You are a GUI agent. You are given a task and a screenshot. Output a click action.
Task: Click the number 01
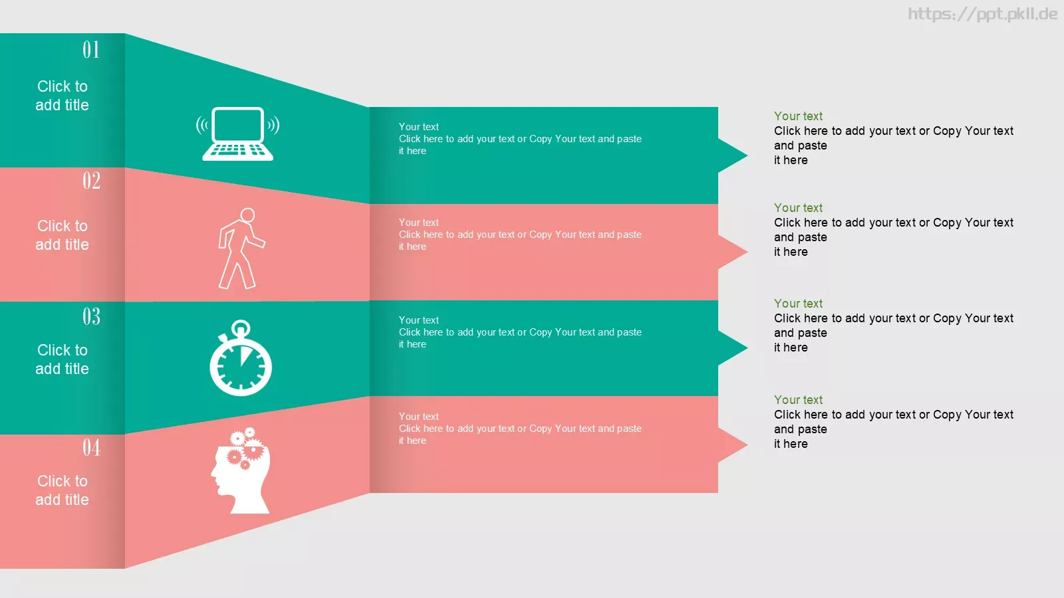pos(91,50)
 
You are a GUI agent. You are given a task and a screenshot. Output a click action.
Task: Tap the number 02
pos(91,181)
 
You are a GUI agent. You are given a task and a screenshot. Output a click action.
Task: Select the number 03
pos(91,316)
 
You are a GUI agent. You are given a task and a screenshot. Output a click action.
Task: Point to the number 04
pos(91,448)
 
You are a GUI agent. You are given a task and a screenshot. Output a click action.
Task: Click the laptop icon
pos(237,134)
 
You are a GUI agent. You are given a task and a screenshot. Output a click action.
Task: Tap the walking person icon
pos(241,249)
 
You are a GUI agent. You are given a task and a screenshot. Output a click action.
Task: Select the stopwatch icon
pos(241,358)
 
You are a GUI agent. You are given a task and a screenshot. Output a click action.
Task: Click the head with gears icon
pos(241,471)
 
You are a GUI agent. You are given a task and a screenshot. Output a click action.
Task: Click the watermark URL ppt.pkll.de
pos(982,14)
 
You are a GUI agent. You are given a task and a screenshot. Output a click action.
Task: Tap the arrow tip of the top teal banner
pos(747,155)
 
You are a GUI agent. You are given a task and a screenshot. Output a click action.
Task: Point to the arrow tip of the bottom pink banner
pos(747,445)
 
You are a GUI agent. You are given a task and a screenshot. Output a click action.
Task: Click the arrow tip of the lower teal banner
pos(747,348)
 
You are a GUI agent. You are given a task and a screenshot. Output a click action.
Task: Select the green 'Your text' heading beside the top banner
pos(798,116)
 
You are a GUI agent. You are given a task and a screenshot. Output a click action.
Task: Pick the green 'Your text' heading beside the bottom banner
pos(798,400)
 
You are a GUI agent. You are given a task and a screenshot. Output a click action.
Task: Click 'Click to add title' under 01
pos(63,96)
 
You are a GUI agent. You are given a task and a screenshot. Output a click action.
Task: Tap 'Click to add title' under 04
pos(63,490)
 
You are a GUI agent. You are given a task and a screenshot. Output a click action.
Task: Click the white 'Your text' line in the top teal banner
pos(418,127)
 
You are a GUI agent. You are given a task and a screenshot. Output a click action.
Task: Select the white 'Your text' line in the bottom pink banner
pos(418,416)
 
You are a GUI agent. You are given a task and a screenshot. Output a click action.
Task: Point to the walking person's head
pos(247,215)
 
